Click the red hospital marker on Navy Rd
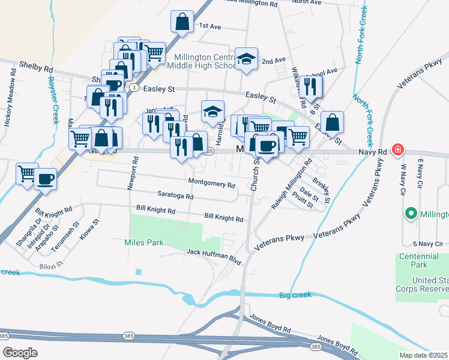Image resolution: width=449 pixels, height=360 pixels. (396, 150)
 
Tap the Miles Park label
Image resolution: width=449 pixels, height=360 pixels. (143, 243)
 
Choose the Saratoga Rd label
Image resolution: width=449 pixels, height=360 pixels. (175, 196)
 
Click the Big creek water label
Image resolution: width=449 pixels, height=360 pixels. (295, 295)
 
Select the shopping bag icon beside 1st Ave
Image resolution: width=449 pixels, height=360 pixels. (182, 23)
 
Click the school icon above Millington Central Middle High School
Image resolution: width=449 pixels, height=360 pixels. (246, 59)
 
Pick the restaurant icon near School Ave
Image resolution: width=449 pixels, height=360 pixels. (310, 87)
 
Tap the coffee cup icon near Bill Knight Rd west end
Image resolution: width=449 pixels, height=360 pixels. (45, 179)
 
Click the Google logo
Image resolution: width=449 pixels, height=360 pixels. (20, 352)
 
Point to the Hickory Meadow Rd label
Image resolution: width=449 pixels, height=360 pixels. (8, 97)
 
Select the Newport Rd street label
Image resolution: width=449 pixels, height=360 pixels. (129, 175)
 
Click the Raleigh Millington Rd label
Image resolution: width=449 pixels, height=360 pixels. (292, 184)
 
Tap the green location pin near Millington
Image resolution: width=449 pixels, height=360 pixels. (411, 213)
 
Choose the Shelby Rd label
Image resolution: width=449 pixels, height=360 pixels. (36, 68)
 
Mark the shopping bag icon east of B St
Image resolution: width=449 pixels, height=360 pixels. (332, 122)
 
